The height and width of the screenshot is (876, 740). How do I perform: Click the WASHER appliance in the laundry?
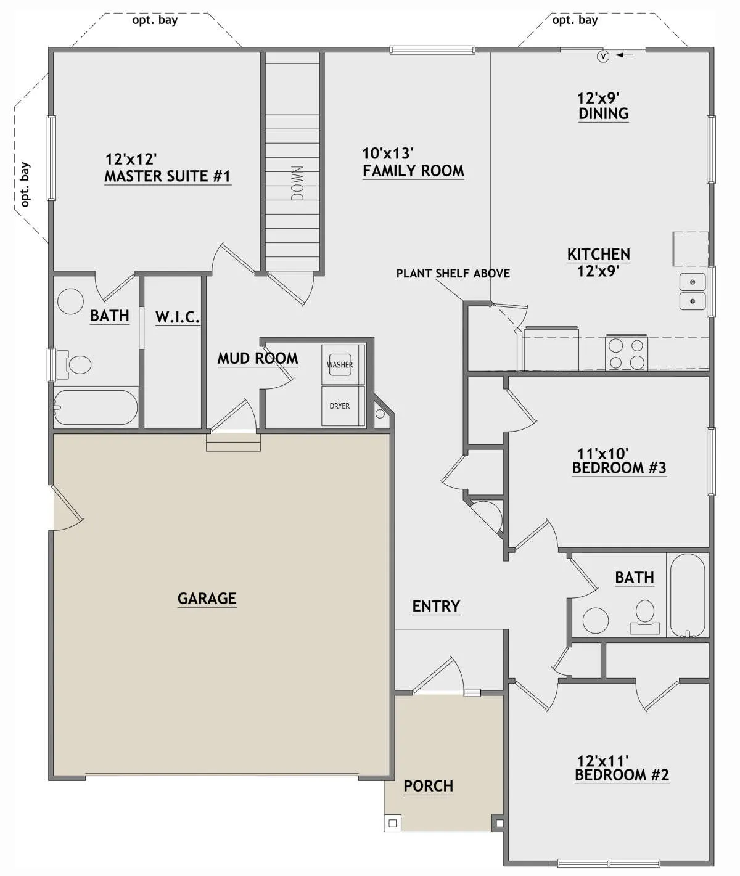pos(340,364)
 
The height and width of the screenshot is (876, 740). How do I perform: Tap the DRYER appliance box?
pos(340,406)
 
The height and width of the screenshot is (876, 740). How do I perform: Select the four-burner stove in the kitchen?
pos(626,353)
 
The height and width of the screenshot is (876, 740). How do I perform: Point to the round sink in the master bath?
pos(70,301)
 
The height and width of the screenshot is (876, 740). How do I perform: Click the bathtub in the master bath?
pos(96,407)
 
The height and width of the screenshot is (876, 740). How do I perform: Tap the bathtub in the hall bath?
pos(687,596)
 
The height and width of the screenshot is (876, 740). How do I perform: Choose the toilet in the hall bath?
pos(645,616)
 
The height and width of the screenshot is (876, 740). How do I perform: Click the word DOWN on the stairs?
pos(297,183)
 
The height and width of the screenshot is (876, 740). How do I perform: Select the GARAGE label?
pos(207,598)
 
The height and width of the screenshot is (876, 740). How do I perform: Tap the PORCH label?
pos(429,786)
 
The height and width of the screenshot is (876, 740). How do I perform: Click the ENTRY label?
pos(436,606)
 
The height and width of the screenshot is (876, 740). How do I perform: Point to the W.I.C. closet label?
pos(178,317)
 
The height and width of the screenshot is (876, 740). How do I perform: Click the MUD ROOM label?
pos(258,358)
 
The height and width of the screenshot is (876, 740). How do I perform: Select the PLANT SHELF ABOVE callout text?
pos(453,274)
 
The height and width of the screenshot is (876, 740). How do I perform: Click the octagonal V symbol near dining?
pos(603,56)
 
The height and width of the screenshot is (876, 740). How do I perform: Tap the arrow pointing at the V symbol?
pos(624,54)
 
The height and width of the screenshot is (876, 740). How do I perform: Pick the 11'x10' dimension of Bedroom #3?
pos(602,454)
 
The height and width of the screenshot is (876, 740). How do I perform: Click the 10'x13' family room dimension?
pos(388,154)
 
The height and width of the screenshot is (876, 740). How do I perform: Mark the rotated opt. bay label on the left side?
pos(25,184)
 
